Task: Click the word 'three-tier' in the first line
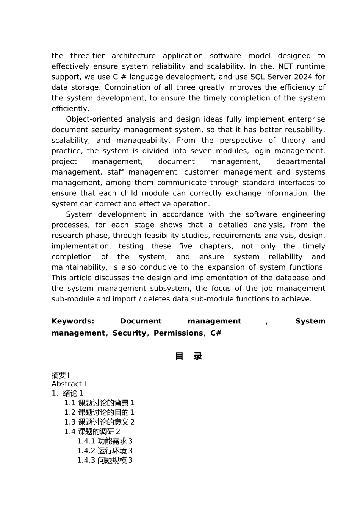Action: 87,56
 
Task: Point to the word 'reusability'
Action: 304,130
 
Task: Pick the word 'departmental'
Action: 301,162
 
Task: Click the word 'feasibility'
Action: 163,236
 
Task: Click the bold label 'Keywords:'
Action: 73,321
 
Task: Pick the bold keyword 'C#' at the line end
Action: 216,333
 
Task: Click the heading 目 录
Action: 188,356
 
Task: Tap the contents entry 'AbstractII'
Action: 69,384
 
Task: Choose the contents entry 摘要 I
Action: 61,375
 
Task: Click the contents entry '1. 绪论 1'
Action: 67,393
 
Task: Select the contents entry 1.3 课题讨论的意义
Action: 99,422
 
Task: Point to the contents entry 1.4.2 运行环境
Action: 105,451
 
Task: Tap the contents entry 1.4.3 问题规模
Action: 105,461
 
